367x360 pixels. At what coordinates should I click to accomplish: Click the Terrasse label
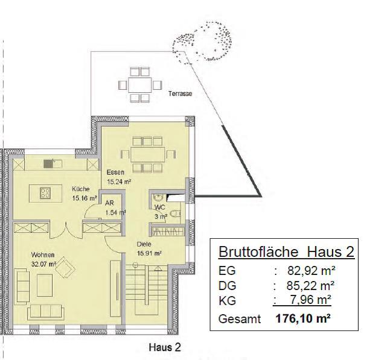(x=180, y=93)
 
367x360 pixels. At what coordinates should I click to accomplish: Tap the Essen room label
(x=115, y=172)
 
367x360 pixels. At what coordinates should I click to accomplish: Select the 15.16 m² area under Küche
(x=85, y=198)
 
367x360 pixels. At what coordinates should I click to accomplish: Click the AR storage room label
(x=109, y=203)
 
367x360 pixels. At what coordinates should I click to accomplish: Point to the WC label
(x=160, y=207)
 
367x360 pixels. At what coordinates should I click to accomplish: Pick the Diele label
(x=144, y=244)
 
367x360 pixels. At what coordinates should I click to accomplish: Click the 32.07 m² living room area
(x=44, y=264)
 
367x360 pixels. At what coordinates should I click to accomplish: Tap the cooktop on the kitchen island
(x=45, y=193)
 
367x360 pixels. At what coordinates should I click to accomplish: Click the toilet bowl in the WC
(x=175, y=214)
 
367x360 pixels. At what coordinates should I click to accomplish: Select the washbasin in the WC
(x=159, y=198)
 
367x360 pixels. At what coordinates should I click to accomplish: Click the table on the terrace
(x=140, y=84)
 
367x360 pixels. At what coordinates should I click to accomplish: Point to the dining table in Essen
(x=148, y=154)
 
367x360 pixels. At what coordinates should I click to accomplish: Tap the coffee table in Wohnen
(x=45, y=285)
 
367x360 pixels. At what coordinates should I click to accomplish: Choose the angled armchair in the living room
(x=65, y=267)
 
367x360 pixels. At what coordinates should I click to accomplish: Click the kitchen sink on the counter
(x=53, y=164)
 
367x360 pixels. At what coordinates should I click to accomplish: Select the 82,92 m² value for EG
(x=311, y=271)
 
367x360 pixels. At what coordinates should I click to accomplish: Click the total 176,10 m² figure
(x=303, y=318)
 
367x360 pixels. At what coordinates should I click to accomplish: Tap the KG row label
(x=227, y=301)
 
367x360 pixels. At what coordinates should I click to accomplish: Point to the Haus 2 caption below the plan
(x=165, y=347)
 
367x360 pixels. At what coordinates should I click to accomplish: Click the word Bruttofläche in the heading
(x=258, y=252)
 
